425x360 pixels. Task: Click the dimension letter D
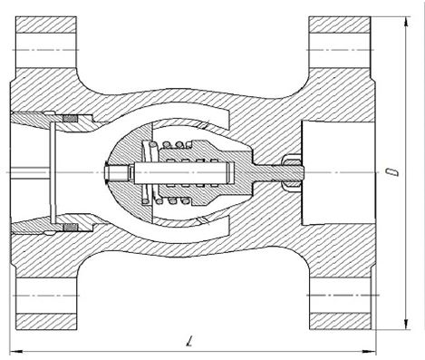(x=392, y=171)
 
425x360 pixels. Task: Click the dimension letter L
(x=189, y=341)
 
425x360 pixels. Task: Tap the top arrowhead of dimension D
(x=407, y=22)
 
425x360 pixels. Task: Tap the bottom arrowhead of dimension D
(x=407, y=324)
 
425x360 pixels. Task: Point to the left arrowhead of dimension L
(x=16, y=351)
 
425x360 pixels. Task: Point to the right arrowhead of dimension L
(x=369, y=351)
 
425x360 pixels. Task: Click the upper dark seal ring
(x=70, y=119)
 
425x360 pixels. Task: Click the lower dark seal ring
(x=70, y=227)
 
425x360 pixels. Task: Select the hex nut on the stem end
(x=292, y=172)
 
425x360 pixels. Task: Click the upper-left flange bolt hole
(x=46, y=50)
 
